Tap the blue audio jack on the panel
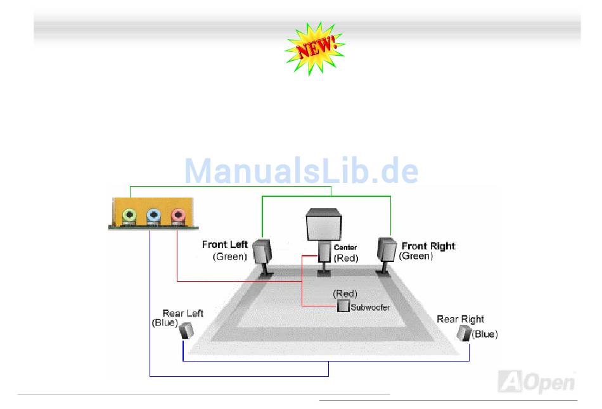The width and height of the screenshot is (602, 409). pos(153,215)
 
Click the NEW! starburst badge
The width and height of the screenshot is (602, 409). pos(315,48)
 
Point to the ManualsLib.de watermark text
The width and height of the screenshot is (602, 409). pos(302,171)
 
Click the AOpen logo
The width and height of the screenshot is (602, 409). pos(537,382)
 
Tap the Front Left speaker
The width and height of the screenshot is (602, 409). pos(262,251)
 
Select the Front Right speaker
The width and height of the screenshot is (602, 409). pos(387,249)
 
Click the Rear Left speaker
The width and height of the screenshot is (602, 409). pos(187,330)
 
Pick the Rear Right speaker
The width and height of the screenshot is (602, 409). pos(465,333)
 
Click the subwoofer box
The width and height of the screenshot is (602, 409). pos(343,306)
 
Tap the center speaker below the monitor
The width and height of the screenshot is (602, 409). pos(324,253)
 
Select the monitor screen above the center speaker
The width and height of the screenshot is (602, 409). pos(324,225)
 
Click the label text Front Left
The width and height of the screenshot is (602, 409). pos(226,244)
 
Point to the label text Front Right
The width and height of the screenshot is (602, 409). pos(428,246)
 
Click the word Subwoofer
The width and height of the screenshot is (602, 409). pos(371,307)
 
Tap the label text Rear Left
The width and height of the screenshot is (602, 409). pos(183,313)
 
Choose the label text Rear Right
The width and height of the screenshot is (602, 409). pos(460,319)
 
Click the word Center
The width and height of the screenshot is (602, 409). pos(345,248)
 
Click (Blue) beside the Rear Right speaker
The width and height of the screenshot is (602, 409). pos(485,334)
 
